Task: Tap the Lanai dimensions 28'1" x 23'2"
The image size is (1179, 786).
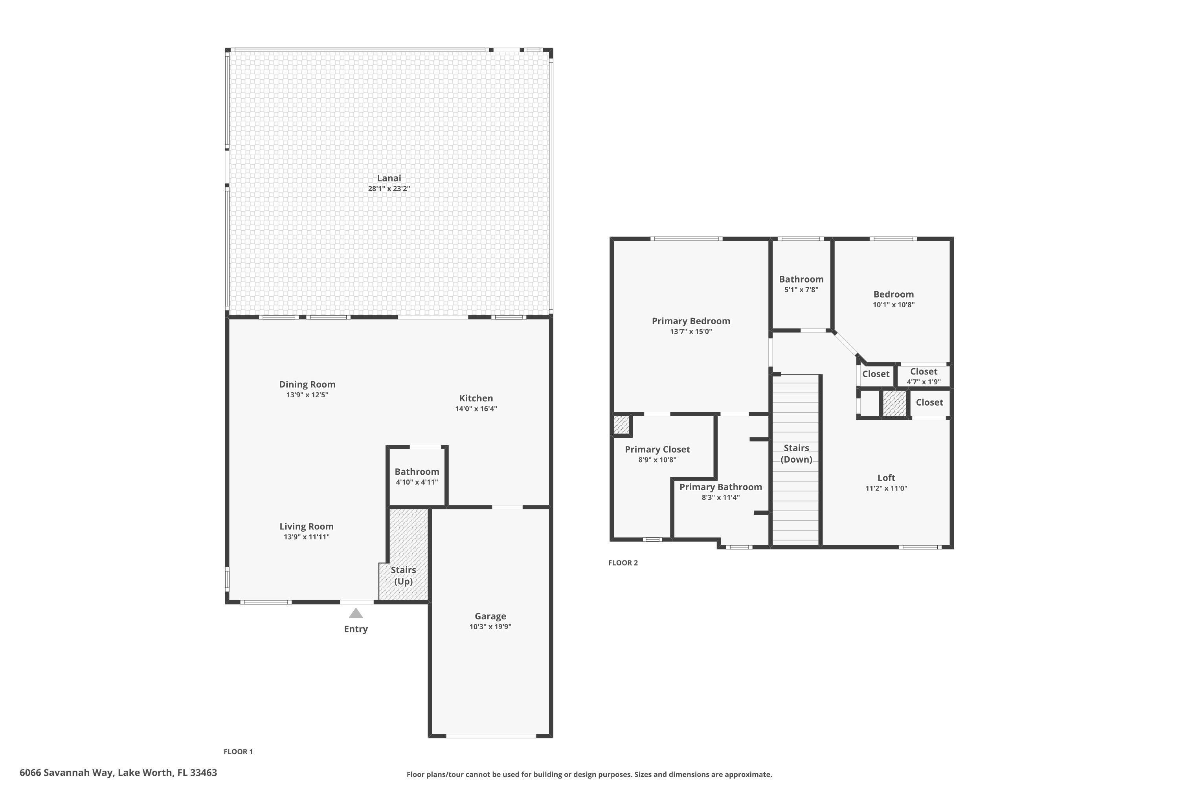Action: [389, 189]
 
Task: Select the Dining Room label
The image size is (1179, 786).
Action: [307, 384]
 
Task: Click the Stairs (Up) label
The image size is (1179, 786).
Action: [403, 575]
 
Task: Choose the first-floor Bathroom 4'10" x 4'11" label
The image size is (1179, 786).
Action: [417, 472]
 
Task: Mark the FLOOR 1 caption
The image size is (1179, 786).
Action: [238, 751]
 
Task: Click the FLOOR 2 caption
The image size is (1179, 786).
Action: [623, 562]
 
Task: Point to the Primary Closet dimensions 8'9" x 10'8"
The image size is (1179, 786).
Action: [657, 460]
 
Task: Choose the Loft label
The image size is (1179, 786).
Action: [886, 478]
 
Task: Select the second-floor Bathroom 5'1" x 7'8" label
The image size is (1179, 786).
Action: [801, 279]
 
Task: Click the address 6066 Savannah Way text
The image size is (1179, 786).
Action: [118, 773]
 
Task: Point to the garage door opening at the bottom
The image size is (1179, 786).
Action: [491, 736]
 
